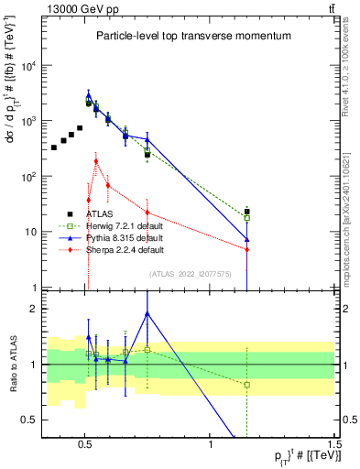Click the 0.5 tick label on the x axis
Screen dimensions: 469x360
click(x=85, y=443)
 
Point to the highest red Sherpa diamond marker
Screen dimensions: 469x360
click(x=96, y=161)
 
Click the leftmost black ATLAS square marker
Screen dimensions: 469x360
click(x=54, y=147)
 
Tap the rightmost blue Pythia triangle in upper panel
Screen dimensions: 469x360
click(x=246, y=240)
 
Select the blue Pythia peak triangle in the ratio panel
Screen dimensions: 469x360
click(x=147, y=313)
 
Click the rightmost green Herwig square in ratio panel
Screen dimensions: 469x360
click(x=246, y=385)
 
